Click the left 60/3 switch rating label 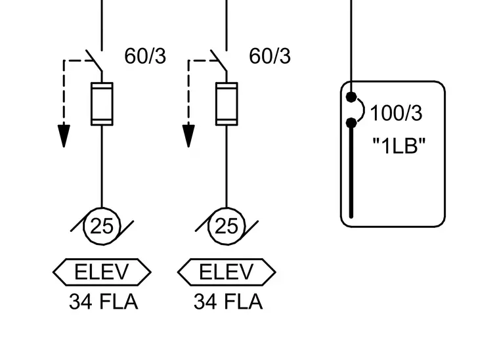click(145, 56)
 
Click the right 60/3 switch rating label click(270, 56)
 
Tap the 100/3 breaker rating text click(396, 113)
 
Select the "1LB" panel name click(399, 146)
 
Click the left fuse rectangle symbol click(102, 104)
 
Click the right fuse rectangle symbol click(227, 104)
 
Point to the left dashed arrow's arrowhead click(64, 136)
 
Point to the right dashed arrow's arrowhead click(188, 136)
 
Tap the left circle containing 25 click(102, 226)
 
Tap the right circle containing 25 click(227, 226)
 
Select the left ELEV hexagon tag click(102, 272)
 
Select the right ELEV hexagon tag click(227, 272)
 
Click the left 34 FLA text click(104, 302)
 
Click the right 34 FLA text click(228, 302)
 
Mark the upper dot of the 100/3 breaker click(351, 97)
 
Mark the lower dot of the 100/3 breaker click(351, 124)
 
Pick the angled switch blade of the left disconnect click(94, 60)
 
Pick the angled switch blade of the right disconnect click(219, 60)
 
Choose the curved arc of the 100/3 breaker click(364, 110)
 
